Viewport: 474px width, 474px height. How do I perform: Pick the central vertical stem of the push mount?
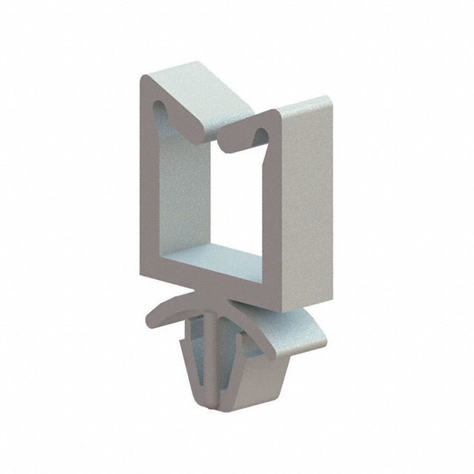point(211,348)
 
